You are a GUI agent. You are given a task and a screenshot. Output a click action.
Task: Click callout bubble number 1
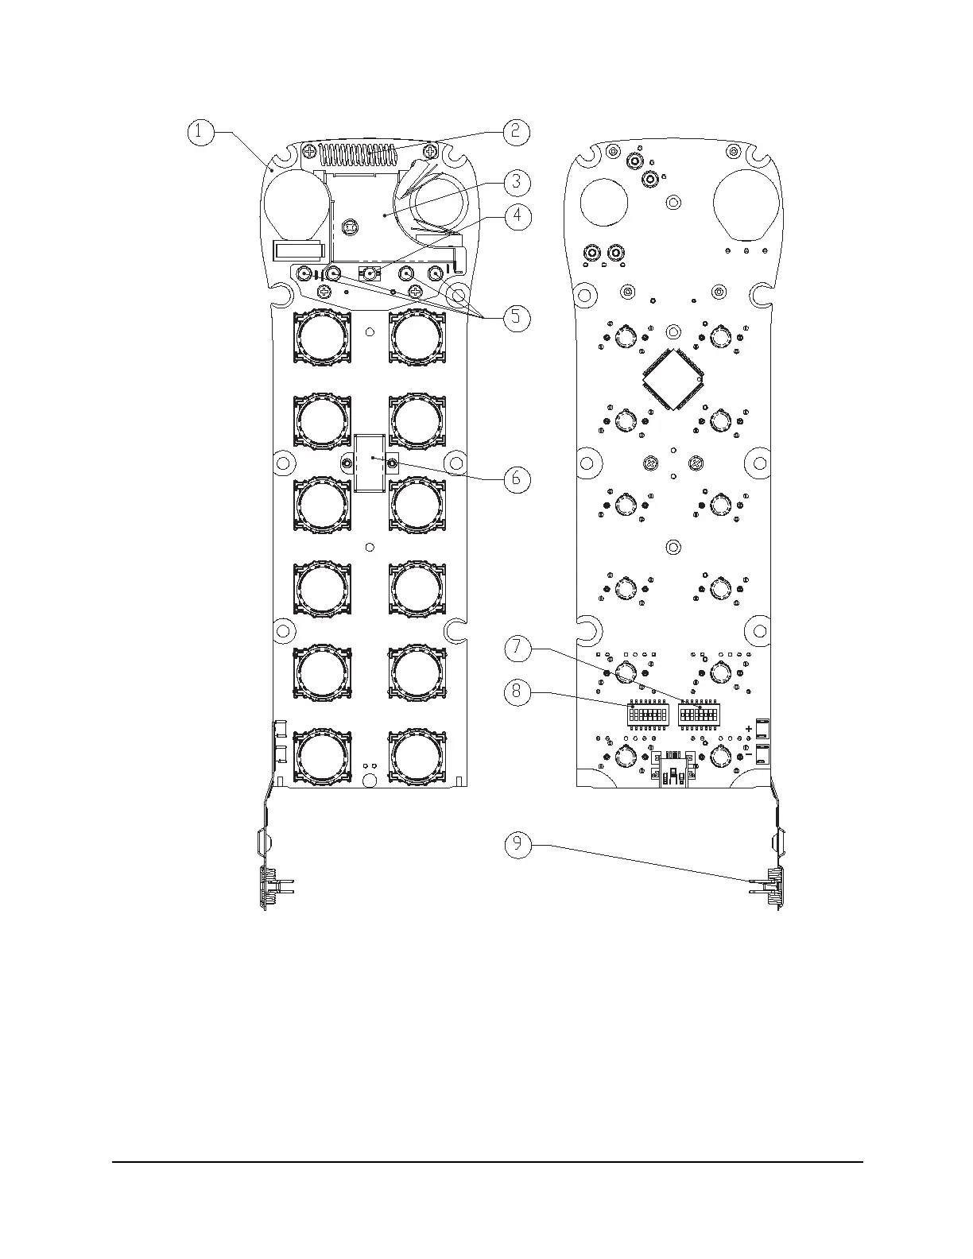coord(200,132)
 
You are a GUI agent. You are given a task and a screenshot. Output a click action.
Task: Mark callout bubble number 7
coord(518,648)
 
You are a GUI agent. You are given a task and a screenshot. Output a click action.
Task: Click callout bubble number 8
coord(518,692)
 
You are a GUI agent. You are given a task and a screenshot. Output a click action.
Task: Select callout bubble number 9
coord(518,844)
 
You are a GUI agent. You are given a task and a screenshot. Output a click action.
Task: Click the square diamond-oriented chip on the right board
coord(673,380)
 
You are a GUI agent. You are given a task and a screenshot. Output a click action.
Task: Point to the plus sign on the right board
coord(749,728)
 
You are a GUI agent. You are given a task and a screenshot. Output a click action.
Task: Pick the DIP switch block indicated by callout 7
coord(697,715)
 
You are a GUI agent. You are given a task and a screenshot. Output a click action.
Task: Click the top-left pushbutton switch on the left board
coord(321,337)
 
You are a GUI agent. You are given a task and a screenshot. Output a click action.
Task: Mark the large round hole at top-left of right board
coord(605,200)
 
